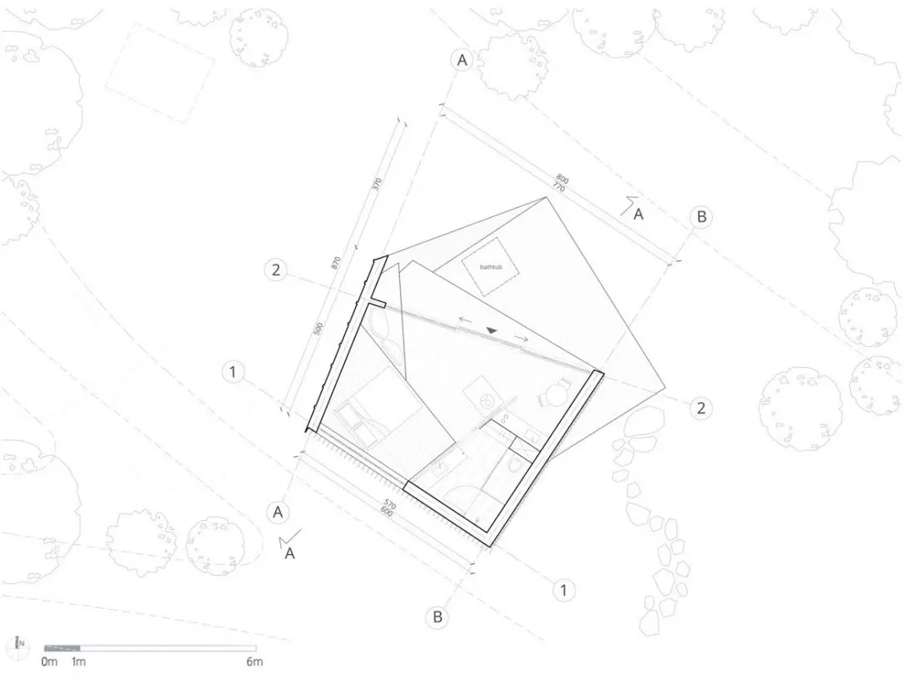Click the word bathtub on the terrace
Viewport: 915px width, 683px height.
(491, 267)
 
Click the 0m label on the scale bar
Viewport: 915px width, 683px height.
(50, 661)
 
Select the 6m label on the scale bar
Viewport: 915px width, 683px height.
(255, 661)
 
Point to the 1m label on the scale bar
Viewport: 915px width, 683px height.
(79, 661)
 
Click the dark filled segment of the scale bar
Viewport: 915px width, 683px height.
(62, 648)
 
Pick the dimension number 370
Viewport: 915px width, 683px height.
(377, 184)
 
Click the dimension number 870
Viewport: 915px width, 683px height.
(335, 263)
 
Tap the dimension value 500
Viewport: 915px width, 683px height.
(319, 329)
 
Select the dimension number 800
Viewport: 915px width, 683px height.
(562, 179)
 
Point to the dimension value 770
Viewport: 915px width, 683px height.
(557, 186)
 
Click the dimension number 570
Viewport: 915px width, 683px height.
(390, 504)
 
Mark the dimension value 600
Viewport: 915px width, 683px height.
(386, 512)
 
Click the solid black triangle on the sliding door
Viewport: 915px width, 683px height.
(492, 331)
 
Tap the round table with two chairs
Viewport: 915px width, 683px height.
(554, 393)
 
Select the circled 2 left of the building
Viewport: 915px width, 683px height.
(275, 270)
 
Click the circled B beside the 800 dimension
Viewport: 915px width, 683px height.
(701, 216)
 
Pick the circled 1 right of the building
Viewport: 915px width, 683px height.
(564, 590)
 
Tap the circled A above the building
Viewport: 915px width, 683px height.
(462, 60)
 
